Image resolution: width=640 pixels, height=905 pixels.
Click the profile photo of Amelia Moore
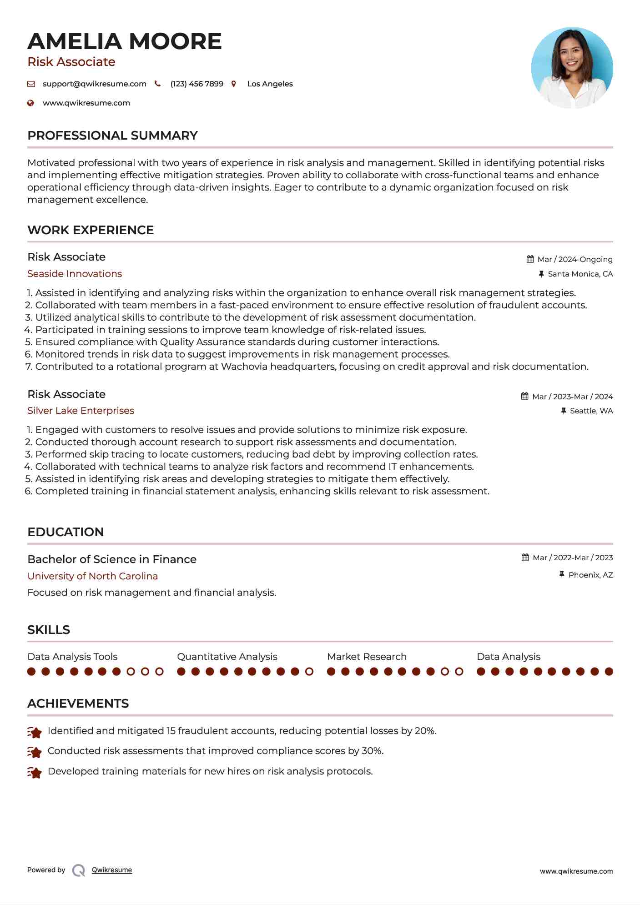click(x=572, y=68)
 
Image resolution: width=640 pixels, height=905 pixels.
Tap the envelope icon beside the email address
click(x=31, y=84)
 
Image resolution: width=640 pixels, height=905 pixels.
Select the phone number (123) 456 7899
click(x=197, y=84)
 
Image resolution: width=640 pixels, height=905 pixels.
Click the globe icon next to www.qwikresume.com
click(x=30, y=103)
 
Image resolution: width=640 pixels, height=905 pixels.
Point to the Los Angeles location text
click(x=270, y=84)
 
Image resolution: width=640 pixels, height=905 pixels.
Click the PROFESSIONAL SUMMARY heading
click(x=112, y=136)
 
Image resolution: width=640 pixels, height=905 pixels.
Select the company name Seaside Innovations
click(x=75, y=274)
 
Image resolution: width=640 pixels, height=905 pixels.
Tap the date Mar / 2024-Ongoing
click(x=574, y=260)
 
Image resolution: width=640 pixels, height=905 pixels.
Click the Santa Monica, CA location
click(x=580, y=274)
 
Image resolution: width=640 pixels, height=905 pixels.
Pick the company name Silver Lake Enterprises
click(x=81, y=411)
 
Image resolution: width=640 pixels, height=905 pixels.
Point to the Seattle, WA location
click(x=591, y=411)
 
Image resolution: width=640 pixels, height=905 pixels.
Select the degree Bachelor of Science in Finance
click(x=112, y=559)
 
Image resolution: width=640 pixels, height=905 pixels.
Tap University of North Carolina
click(x=92, y=576)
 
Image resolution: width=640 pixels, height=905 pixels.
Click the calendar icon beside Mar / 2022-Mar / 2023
click(x=525, y=558)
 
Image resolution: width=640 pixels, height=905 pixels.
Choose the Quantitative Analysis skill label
click(x=227, y=657)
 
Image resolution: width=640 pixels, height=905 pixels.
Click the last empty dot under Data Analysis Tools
click(x=159, y=672)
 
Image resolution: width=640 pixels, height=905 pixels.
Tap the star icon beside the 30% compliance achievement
click(x=35, y=752)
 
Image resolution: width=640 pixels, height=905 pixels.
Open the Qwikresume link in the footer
click(x=112, y=870)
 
